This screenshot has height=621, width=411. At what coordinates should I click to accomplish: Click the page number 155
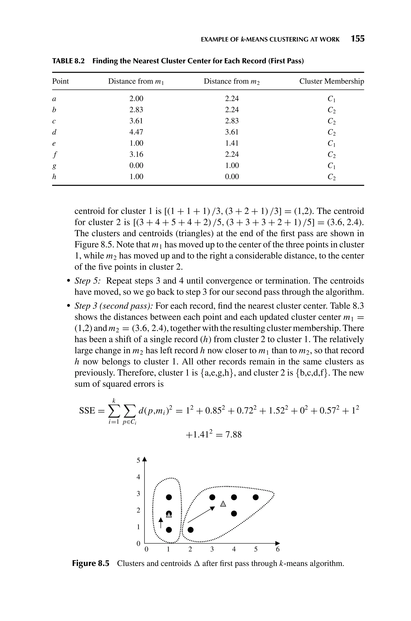pyautogui.click(x=358, y=39)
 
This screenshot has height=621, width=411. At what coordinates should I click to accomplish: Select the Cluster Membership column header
pyautogui.click(x=332, y=81)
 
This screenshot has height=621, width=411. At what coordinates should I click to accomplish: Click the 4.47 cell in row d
pyautogui.click(x=136, y=132)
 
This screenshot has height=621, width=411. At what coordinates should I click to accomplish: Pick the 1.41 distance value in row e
pyautogui.click(x=232, y=143)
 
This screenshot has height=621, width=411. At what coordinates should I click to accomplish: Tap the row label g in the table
pyautogui.click(x=54, y=166)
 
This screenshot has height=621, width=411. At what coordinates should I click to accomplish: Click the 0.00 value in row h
pyautogui.click(x=232, y=177)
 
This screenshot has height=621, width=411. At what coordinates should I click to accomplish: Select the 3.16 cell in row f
pyautogui.click(x=136, y=154)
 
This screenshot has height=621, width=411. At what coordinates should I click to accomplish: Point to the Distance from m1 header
pyautogui.click(x=136, y=81)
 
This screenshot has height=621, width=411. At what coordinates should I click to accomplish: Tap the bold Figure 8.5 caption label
pyautogui.click(x=91, y=563)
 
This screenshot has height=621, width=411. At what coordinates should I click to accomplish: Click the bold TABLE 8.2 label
pyautogui.click(x=68, y=61)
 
